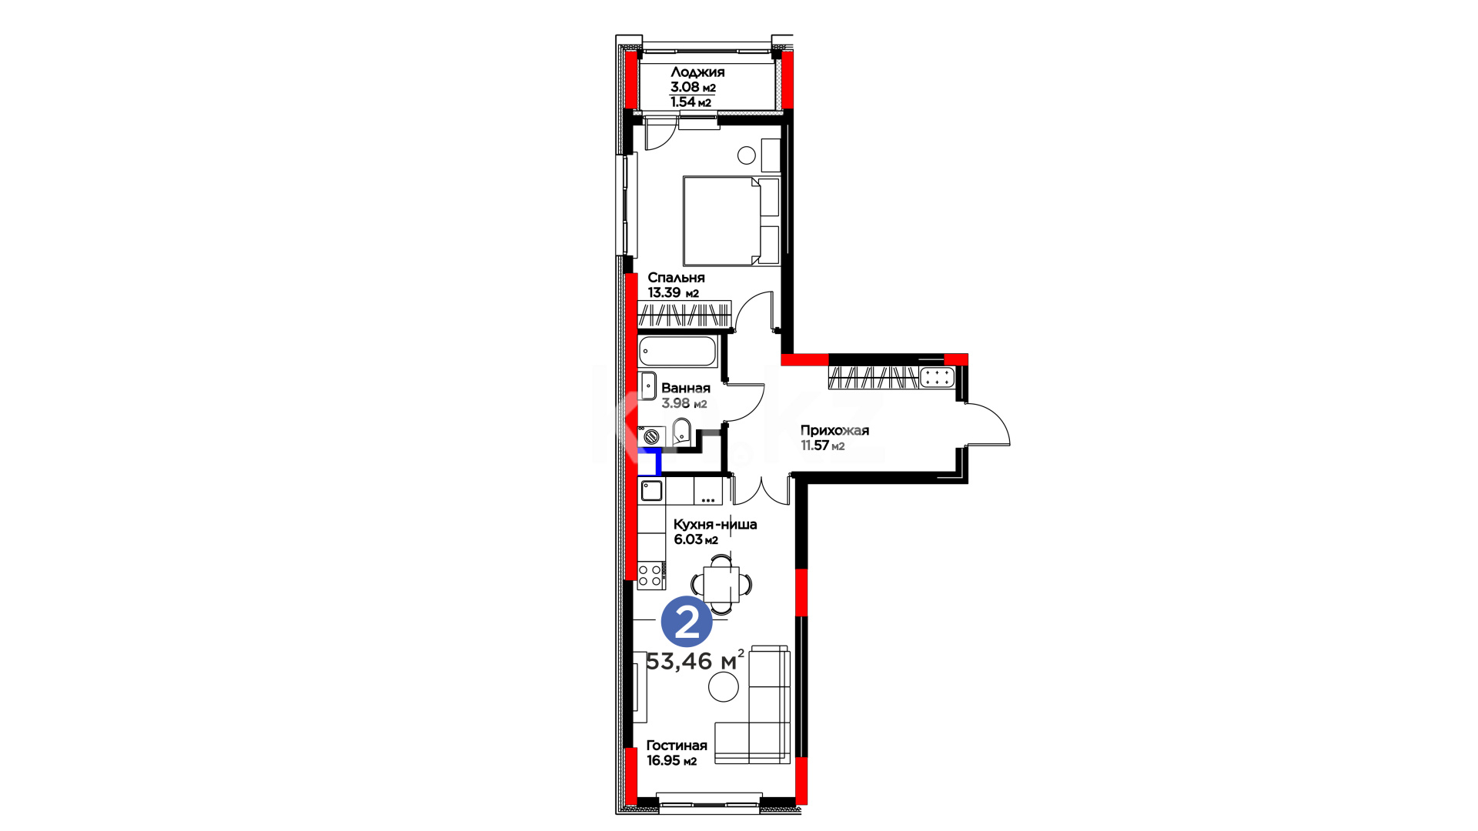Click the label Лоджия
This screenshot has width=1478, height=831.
pyautogui.click(x=697, y=72)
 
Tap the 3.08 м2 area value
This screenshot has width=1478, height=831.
pyautogui.click(x=693, y=87)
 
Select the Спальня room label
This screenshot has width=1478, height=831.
pyautogui.click(x=676, y=278)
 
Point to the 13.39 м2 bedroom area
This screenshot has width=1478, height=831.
pyautogui.click(x=673, y=292)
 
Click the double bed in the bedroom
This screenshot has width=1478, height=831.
pyautogui.click(x=731, y=221)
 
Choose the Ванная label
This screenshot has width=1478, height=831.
pyautogui.click(x=686, y=389)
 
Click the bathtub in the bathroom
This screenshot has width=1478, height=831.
pyautogui.click(x=677, y=351)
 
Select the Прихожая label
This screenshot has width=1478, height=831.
pyautogui.click(x=834, y=431)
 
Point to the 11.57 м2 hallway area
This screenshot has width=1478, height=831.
pyautogui.click(x=822, y=446)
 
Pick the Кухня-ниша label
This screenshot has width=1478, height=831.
pyautogui.click(x=715, y=525)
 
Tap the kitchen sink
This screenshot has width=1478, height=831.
pyautogui.click(x=652, y=490)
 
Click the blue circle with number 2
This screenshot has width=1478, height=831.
pyautogui.click(x=687, y=622)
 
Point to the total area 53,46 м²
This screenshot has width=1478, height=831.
pyautogui.click(x=695, y=660)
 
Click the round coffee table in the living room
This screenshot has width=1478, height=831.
pyautogui.click(x=724, y=686)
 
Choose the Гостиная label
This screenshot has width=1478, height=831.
pyautogui.click(x=677, y=746)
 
